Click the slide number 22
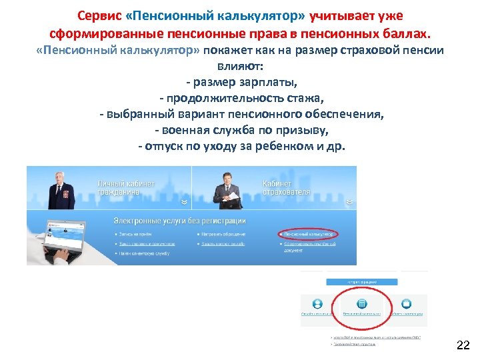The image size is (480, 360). [x=463, y=345]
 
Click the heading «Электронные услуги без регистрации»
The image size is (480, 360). [x=179, y=221]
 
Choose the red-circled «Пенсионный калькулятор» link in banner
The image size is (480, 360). [x=307, y=234]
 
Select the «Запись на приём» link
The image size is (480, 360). [x=137, y=234]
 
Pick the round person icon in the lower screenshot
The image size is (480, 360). [x=318, y=303]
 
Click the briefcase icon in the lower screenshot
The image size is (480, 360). [x=406, y=303]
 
